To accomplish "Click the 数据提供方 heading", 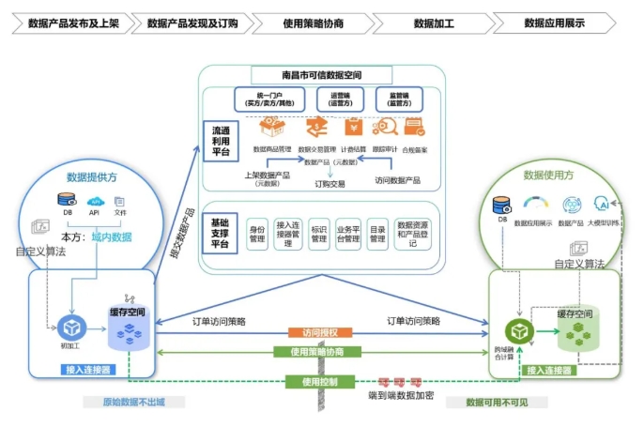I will click(92, 176).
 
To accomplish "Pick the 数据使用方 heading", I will click(546, 175).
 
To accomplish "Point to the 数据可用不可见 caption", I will click(504, 402).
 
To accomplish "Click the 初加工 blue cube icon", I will click(71, 328).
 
